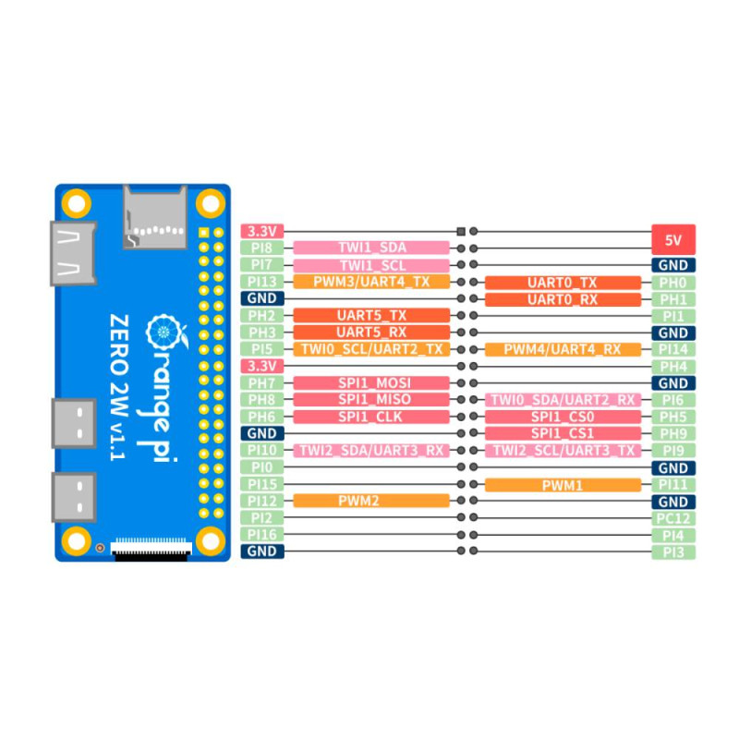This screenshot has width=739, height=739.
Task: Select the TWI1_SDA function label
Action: pyautogui.click(x=371, y=248)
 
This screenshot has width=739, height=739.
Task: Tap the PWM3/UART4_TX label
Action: pyautogui.click(x=371, y=282)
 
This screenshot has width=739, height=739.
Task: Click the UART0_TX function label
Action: pyautogui.click(x=563, y=282)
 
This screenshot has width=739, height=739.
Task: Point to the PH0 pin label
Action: pyautogui.click(x=672, y=282)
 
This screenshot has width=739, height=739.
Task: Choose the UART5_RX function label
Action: pyautogui.click(x=371, y=332)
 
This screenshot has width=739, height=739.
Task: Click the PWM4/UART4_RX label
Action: pyautogui.click(x=563, y=349)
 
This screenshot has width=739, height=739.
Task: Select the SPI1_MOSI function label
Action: pyautogui.click(x=371, y=382)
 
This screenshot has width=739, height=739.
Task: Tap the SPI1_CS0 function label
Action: pyautogui.click(x=563, y=417)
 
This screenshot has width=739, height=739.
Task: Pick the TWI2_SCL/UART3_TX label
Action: pyautogui.click(x=563, y=450)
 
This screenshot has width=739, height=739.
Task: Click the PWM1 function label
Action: pyautogui.click(x=563, y=484)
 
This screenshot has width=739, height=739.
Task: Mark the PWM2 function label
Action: pyautogui.click(x=371, y=501)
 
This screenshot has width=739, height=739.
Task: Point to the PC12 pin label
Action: pyautogui.click(x=672, y=518)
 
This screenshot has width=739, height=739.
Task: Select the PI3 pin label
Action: pyautogui.click(x=672, y=551)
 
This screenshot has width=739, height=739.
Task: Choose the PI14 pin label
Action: pyautogui.click(x=672, y=349)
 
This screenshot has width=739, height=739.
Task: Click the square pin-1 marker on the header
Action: pyautogui.click(x=460, y=231)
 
